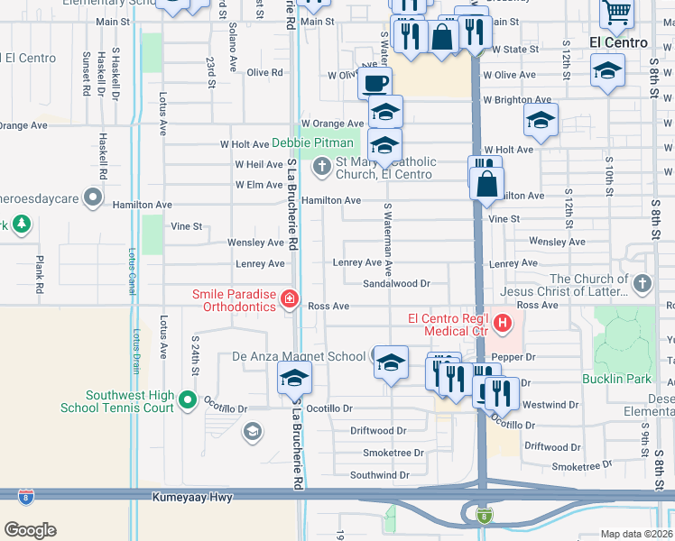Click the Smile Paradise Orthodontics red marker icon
290,298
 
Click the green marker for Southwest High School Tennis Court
187,399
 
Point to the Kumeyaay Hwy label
189,497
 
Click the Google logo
30,530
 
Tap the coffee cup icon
374,83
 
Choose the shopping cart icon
617,13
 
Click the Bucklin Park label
611,379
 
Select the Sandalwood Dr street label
396,283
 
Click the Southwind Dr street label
380,475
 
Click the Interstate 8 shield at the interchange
485,516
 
